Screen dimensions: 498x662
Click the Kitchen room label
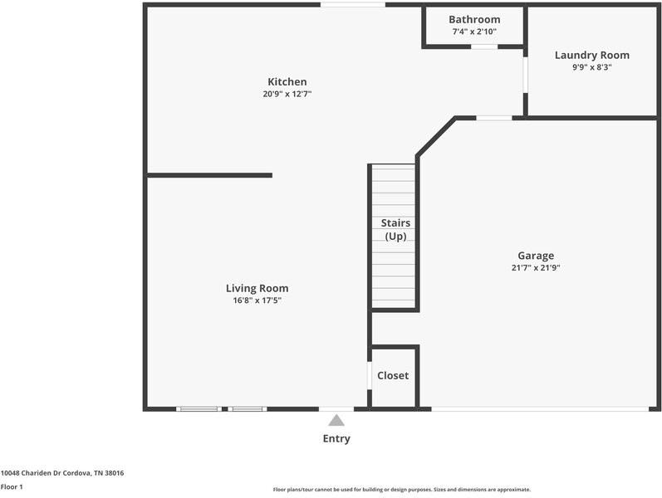[287, 81]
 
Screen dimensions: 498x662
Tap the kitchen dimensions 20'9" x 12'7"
[287, 94]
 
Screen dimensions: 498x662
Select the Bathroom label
[474, 19]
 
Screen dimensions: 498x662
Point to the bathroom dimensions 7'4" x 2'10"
[474, 32]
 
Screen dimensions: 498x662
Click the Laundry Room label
[591, 55]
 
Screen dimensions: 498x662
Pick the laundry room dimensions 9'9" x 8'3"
[591, 67]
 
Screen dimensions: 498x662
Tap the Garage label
[535, 256]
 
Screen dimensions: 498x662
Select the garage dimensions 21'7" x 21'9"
[535, 268]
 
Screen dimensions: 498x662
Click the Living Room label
[257, 288]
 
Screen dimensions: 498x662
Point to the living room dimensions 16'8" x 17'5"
[257, 300]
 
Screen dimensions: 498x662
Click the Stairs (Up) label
[395, 230]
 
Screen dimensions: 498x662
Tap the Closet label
[393, 375]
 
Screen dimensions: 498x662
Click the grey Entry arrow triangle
[336, 421]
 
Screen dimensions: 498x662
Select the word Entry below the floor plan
[336, 438]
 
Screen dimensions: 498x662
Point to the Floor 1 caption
[12, 486]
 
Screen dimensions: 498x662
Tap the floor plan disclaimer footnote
[401, 490]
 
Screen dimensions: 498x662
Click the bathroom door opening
[484, 46]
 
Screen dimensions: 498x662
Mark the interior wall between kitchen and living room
[209, 175]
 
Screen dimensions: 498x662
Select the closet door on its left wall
[369, 375]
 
